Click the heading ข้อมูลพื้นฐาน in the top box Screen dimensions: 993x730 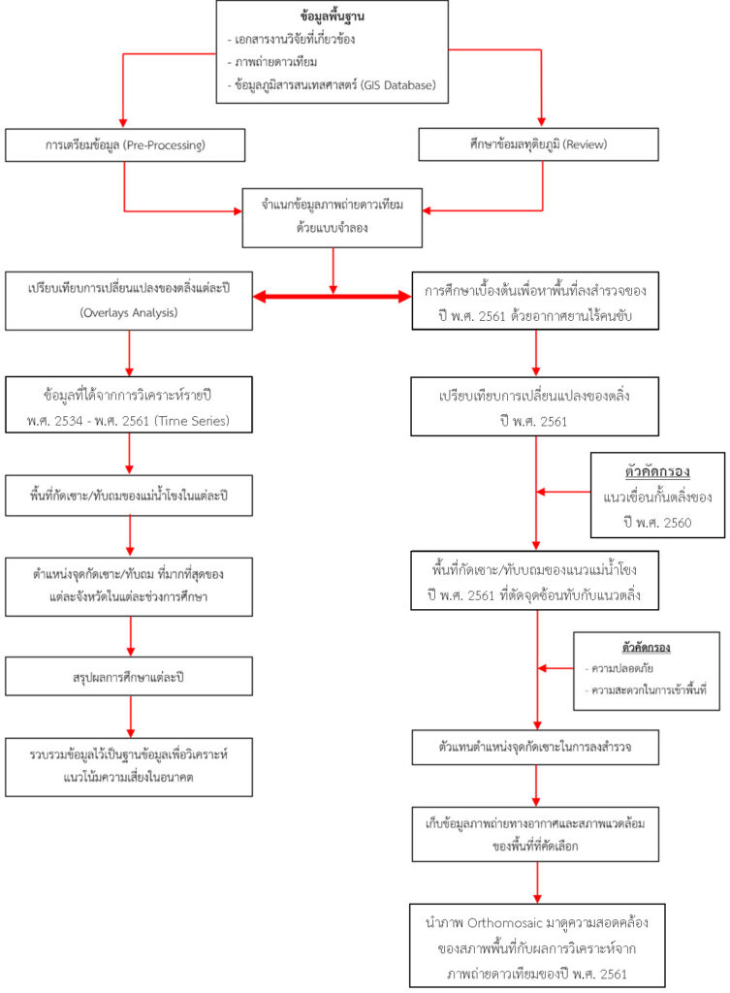(x=333, y=18)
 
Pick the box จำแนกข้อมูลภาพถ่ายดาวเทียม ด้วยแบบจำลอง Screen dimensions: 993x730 (x=333, y=214)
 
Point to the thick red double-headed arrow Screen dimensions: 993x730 (x=333, y=296)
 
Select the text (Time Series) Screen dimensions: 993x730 (x=206, y=419)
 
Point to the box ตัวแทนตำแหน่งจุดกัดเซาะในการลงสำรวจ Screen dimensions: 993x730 (x=536, y=749)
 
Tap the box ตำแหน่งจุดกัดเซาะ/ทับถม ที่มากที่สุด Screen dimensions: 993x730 (x=129, y=584)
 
